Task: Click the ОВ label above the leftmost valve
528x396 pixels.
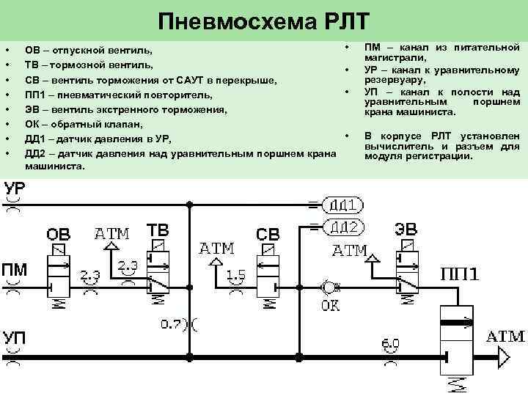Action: pyautogui.click(x=59, y=235)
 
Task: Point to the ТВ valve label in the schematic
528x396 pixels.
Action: pyautogui.click(x=158, y=230)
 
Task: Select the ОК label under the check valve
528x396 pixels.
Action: pyautogui.click(x=330, y=304)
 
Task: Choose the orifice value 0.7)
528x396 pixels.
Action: pyautogui.click(x=175, y=323)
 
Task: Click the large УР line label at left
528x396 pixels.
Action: pyautogui.click(x=15, y=188)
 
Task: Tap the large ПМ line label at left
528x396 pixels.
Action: pyautogui.click(x=15, y=268)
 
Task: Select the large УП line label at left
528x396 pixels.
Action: pyautogui.click(x=15, y=340)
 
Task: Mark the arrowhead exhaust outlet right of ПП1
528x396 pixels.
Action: pyautogui.click(x=504, y=358)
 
